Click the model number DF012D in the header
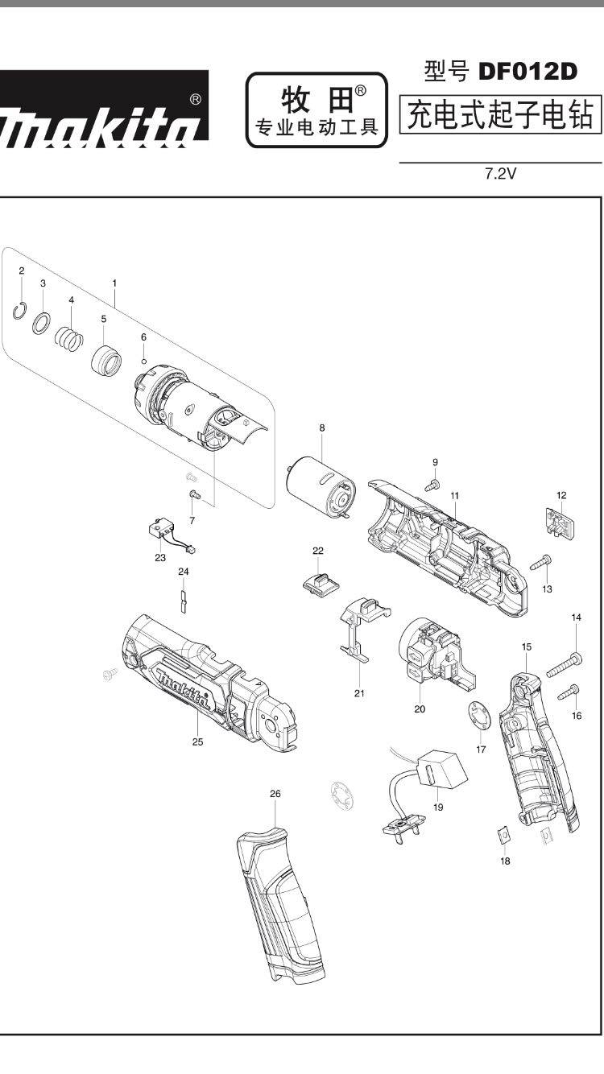(528, 72)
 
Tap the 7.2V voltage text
(499, 174)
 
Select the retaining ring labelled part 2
(23, 310)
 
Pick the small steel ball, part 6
(143, 360)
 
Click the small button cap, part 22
(319, 582)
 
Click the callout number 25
(197, 742)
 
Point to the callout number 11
(454, 495)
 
